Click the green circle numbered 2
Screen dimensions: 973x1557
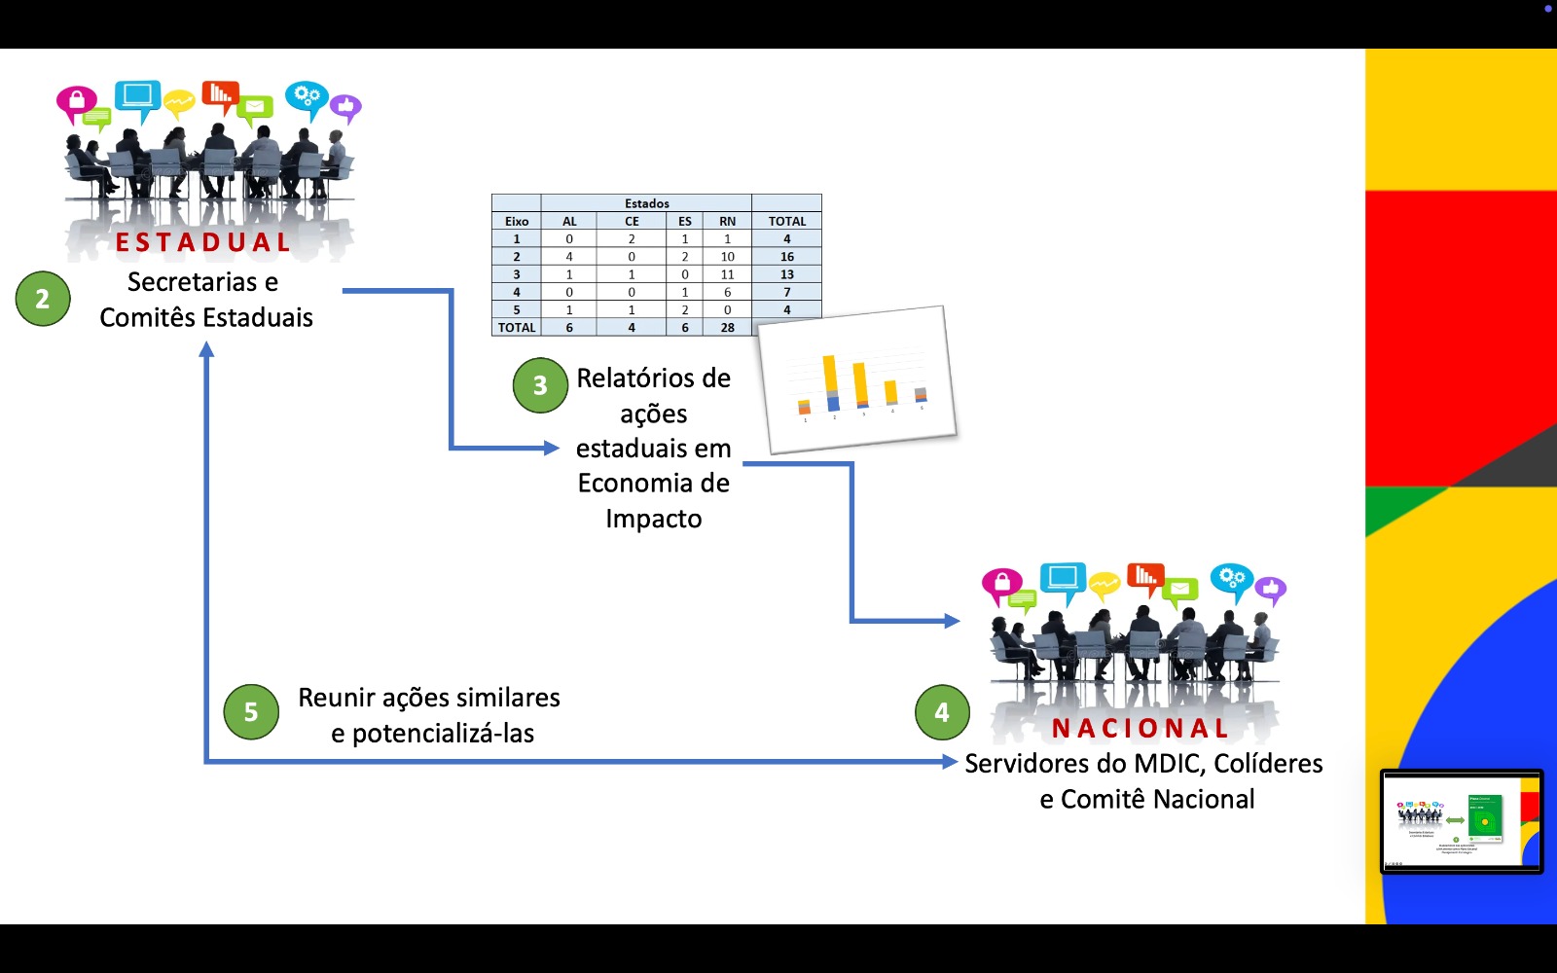(x=43, y=299)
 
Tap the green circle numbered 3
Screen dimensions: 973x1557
(x=540, y=385)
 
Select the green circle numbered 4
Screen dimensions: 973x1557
(x=942, y=712)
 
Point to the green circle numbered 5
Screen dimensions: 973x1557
(x=251, y=712)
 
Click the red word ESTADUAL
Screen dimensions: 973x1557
(x=203, y=242)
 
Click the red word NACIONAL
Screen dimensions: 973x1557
(x=1141, y=728)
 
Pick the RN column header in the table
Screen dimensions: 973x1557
(x=727, y=221)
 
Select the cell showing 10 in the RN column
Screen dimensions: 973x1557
(x=727, y=257)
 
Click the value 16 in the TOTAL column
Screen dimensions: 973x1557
(x=786, y=257)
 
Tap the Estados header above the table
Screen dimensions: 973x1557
(x=646, y=203)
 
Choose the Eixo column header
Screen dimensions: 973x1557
(x=516, y=221)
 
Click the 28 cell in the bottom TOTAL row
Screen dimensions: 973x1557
(x=727, y=328)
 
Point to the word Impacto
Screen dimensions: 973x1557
(x=653, y=519)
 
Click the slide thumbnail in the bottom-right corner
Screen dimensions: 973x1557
(x=1461, y=820)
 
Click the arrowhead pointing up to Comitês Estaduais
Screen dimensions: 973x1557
(x=206, y=348)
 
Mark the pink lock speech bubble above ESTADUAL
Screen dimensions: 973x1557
(x=76, y=101)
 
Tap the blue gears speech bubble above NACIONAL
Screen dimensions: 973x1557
(x=1231, y=579)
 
